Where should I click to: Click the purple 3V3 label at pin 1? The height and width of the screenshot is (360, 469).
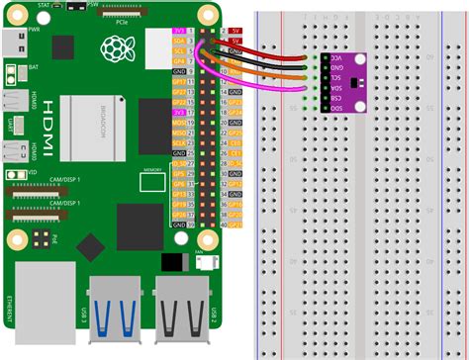click(179, 34)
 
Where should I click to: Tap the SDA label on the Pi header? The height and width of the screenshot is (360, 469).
click(179, 43)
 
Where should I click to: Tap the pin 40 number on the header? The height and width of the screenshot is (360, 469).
click(226, 224)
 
